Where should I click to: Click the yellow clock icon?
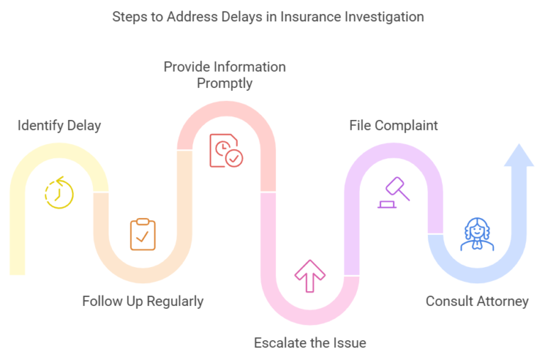click(59, 192)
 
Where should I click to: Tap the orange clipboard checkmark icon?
click(143, 234)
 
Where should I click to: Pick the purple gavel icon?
click(392, 192)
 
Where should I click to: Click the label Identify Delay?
click(60, 126)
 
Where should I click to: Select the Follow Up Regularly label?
click(143, 301)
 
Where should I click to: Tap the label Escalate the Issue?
click(310, 343)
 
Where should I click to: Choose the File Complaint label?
click(393, 126)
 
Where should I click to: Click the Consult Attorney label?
click(477, 301)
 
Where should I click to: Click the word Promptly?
click(225, 83)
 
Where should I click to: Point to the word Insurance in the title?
click(307, 16)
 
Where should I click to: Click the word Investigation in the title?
click(383, 16)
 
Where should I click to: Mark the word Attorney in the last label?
click(502, 301)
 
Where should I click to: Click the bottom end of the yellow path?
click(17, 271)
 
